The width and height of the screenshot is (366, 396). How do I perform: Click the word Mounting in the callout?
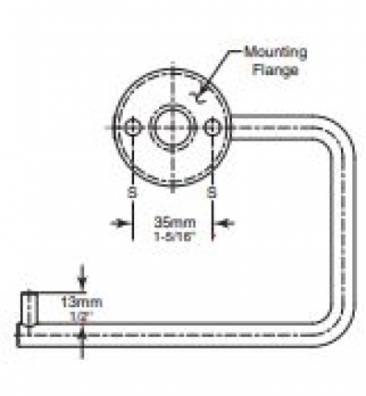point(276,53)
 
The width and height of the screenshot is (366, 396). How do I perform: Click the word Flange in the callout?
point(276,70)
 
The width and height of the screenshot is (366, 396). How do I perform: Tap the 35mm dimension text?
point(175,222)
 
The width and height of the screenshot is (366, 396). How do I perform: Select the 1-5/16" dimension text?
point(175,237)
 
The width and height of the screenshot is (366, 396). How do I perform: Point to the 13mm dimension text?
point(82,302)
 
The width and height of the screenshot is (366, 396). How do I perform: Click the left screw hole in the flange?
point(133,127)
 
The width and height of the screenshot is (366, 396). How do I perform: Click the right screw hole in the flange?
point(212,127)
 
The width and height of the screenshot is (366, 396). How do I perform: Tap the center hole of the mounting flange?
point(173,127)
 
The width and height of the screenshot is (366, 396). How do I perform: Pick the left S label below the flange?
point(133,193)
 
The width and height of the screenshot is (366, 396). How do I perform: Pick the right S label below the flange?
point(212,193)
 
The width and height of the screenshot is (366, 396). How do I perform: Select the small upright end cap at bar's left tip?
point(29,309)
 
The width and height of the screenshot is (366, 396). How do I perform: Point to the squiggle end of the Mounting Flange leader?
point(198,97)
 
